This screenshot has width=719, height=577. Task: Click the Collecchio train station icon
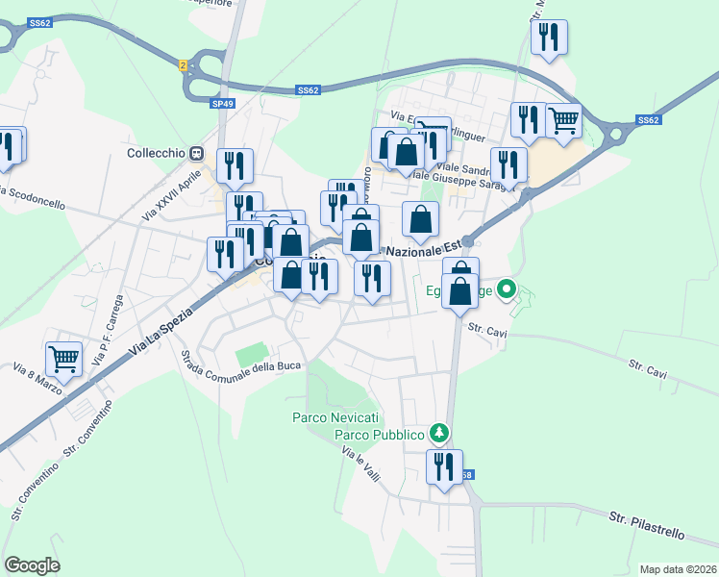pyautogui.click(x=196, y=152)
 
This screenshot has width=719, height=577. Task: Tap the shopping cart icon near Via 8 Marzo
pyautogui.click(x=63, y=360)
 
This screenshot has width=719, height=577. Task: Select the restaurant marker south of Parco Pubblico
pyautogui.click(x=444, y=467)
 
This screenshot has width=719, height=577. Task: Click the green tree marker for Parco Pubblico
pyautogui.click(x=439, y=434)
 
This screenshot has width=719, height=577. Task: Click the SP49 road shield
pyautogui.click(x=222, y=103)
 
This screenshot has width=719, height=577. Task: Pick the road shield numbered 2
pyautogui.click(x=182, y=64)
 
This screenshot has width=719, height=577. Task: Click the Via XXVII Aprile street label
pyautogui.click(x=167, y=192)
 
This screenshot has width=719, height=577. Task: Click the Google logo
pyautogui.click(x=32, y=564)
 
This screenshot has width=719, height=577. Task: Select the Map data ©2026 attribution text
pyautogui.click(x=677, y=568)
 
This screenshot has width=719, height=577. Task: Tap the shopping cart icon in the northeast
pyautogui.click(x=563, y=121)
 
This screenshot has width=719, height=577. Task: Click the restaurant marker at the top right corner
pyautogui.click(x=549, y=38)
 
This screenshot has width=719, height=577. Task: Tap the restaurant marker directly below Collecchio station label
pyautogui.click(x=235, y=167)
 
